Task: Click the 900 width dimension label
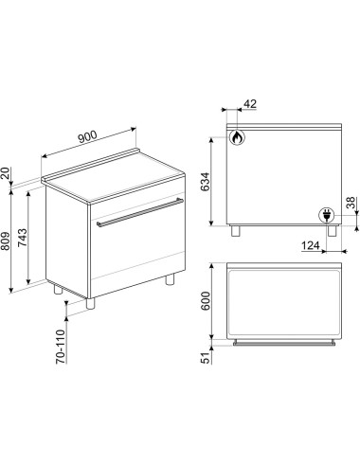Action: [87, 137]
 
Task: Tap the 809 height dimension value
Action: [7, 241]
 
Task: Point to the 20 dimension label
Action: [5, 173]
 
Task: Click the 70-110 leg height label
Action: [61, 347]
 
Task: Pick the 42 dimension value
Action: [250, 104]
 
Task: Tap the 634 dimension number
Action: [206, 182]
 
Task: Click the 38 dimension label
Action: [351, 203]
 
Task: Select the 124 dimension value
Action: [311, 245]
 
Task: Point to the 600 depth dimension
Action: [206, 301]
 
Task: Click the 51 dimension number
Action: [206, 358]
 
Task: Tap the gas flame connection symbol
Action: [237, 137]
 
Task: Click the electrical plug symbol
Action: [326, 216]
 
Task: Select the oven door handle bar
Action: [140, 211]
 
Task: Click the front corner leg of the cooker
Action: [90, 303]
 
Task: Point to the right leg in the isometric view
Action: [170, 279]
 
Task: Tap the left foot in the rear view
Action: [235, 231]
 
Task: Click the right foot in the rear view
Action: [332, 231]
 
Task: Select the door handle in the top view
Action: [284, 343]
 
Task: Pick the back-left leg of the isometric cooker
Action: [58, 289]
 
